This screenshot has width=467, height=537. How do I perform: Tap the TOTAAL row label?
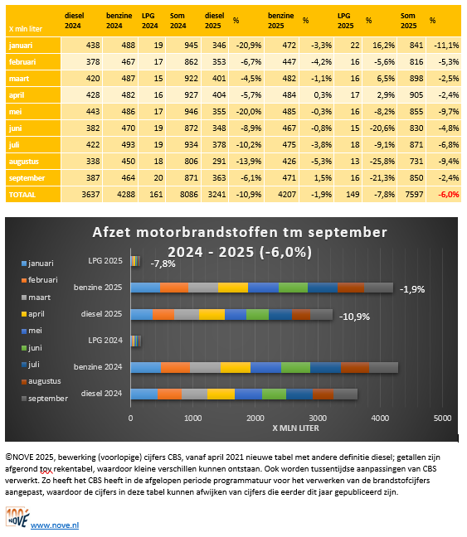(23, 193)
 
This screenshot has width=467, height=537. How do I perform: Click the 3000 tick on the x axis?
(317, 418)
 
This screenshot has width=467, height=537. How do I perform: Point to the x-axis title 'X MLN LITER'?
(296, 428)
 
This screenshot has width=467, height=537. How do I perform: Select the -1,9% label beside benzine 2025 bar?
(412, 289)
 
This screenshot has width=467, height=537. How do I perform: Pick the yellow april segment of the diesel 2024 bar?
(221, 394)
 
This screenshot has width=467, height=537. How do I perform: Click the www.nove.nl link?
(54, 525)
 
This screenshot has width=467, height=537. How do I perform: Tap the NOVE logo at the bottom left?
(17, 520)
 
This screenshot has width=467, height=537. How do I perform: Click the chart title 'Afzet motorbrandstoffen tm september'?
(234, 231)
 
